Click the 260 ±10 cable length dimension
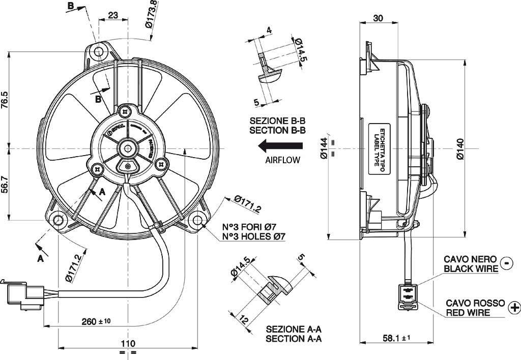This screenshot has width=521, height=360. tap(96, 321)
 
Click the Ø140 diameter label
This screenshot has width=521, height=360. tap(460, 149)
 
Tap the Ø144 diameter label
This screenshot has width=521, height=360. tap(323, 149)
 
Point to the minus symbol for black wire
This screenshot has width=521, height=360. tap(507, 262)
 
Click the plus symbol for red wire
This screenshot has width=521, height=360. tap(514, 307)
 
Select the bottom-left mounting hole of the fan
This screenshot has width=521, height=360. tap(59, 220)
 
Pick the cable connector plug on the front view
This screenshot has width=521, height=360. tap(24, 293)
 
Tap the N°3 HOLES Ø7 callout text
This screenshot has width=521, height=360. tap(253, 236)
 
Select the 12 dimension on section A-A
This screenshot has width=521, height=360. tap(244, 321)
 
